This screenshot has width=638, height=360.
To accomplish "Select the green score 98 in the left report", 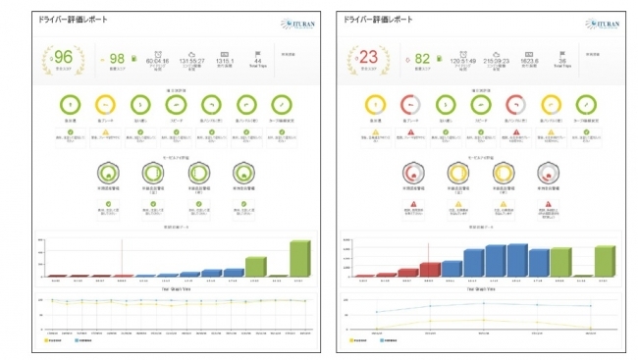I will (x=117, y=59).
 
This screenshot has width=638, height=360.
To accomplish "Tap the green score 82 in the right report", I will (x=422, y=59).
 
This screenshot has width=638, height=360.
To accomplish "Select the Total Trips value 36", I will (x=563, y=60).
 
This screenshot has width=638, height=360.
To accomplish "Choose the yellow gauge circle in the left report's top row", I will (x=105, y=106).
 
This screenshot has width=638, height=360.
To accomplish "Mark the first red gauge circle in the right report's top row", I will (x=409, y=106).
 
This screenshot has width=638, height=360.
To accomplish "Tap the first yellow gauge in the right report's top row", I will (x=371, y=106).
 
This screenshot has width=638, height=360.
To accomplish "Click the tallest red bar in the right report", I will (x=430, y=270).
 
